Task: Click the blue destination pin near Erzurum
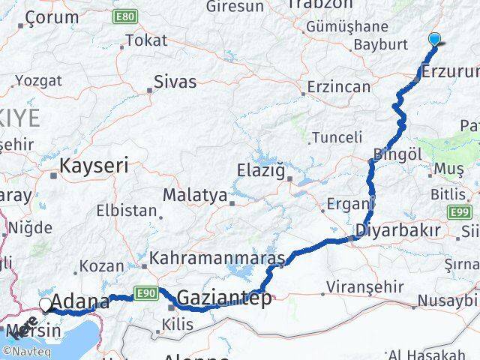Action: (434, 40)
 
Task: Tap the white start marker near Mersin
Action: (46, 304)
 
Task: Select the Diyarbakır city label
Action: (397, 230)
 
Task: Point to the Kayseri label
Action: (95, 165)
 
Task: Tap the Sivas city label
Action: (175, 81)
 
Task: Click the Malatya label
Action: (195, 195)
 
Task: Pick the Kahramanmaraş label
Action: (217, 259)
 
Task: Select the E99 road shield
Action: (460, 212)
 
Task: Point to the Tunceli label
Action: (337, 137)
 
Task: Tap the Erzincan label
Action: (340, 86)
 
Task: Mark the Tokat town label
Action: (146, 40)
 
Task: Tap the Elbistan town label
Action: (126, 211)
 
